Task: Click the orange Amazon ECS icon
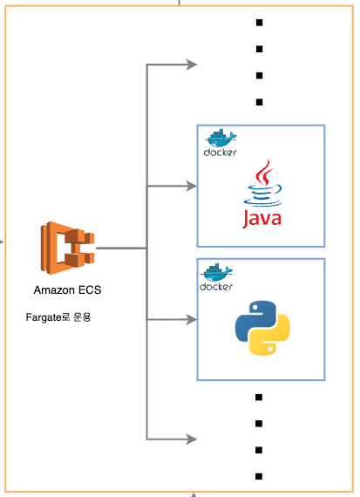point(67,248)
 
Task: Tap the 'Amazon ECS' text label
point(67,290)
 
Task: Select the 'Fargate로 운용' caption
point(58,317)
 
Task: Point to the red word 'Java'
point(262,219)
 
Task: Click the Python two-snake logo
point(262,328)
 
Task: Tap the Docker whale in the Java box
point(221,138)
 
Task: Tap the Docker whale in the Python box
point(217,272)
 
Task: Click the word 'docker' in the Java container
point(221,153)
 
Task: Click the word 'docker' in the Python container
point(216,287)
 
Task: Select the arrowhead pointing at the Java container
point(192,186)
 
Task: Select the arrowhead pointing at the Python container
point(192,319)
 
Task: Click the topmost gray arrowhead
point(192,65)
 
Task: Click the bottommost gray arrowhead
point(192,439)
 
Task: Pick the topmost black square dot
point(259,23)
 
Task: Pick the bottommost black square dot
point(259,476)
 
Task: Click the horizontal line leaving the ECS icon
point(121,248)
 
